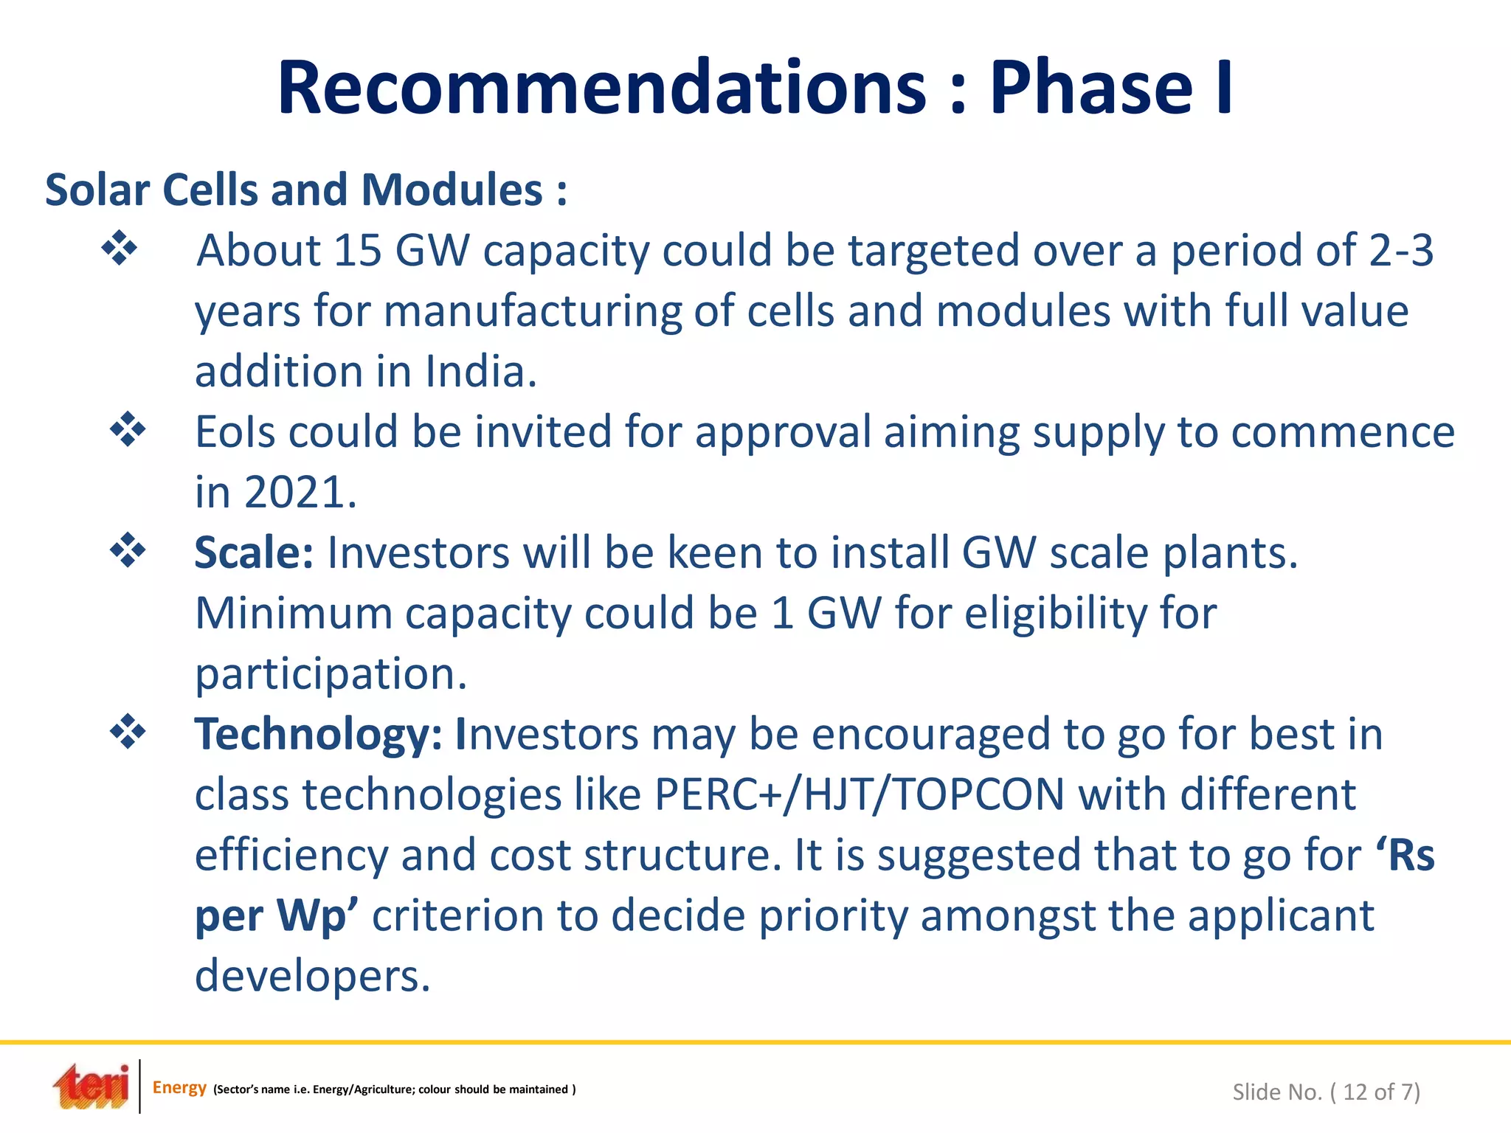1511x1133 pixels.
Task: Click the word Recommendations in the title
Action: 601,89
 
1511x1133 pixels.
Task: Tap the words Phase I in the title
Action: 1110,89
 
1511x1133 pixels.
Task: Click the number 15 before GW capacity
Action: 357,251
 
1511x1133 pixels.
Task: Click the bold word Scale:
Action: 254,553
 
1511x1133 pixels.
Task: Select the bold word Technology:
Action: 318,735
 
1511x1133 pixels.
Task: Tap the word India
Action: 480,372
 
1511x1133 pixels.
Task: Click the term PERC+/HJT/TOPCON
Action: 860,795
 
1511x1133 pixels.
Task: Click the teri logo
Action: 91,1087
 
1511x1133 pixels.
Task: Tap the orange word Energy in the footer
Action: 179,1087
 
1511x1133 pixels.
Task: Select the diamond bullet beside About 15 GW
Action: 120,249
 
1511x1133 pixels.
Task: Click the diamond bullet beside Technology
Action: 128,732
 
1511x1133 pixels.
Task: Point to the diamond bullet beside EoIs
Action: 128,430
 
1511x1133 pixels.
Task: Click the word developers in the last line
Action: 311,977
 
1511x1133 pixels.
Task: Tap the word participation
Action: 331,674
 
